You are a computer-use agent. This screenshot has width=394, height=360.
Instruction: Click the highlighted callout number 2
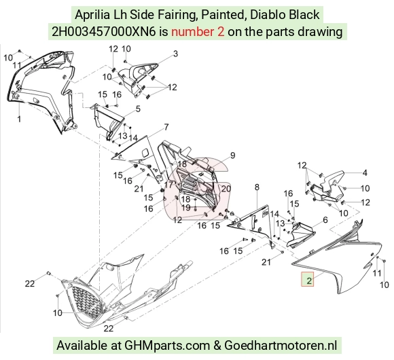point(309,281)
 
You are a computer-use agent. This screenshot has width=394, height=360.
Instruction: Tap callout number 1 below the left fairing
point(19,119)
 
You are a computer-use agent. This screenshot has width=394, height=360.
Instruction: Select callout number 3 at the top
point(175,54)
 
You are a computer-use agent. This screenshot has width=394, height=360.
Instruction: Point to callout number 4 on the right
point(365,173)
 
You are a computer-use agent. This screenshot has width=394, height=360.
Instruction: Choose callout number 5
point(138,109)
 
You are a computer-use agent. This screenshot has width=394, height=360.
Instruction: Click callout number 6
point(325,220)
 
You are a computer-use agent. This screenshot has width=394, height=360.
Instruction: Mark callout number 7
point(166,127)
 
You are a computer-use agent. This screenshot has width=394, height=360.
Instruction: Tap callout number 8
point(257,187)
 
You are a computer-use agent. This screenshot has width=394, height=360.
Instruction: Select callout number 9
point(233,156)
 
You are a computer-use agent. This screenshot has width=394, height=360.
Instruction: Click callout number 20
point(226,188)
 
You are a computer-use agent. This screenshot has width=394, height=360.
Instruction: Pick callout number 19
point(186,208)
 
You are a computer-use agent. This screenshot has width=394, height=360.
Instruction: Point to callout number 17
point(168,185)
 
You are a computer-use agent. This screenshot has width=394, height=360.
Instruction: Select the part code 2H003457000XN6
point(104,32)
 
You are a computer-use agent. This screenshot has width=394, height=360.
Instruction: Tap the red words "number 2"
point(198,32)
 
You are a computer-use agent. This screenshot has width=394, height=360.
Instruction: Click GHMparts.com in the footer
point(167,346)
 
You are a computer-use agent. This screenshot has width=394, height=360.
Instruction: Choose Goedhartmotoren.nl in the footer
point(281,346)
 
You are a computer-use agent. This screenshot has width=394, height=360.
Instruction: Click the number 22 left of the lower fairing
point(30,284)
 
